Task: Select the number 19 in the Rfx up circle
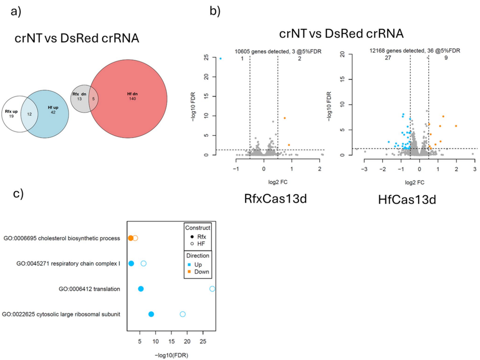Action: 11,116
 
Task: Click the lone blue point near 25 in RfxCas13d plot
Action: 221,58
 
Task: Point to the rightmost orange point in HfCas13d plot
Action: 456,126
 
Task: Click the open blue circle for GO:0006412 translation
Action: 212,288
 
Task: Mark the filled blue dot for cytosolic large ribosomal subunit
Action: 151,314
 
